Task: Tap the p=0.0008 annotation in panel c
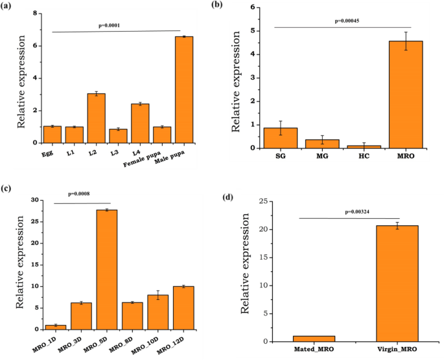point(83,194)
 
